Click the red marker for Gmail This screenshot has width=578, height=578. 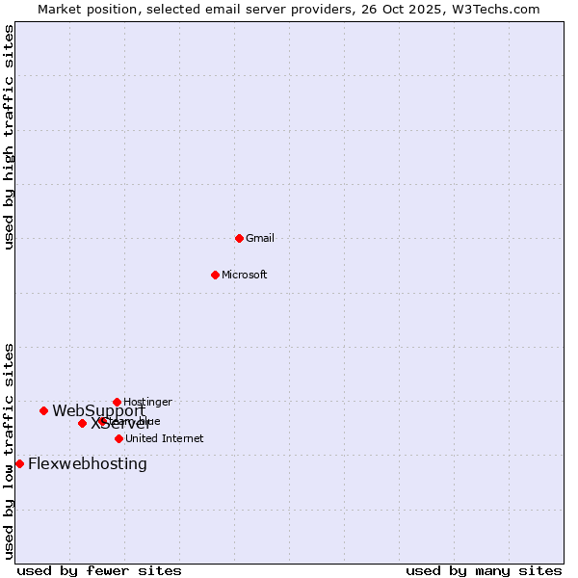tap(239, 238)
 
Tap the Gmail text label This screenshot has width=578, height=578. tap(260, 238)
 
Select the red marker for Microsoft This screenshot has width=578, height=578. tap(215, 275)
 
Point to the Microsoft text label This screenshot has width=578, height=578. tap(245, 275)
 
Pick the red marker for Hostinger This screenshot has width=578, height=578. tap(117, 402)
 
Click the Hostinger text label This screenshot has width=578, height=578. tap(148, 402)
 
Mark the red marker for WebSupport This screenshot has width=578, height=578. tap(43, 410)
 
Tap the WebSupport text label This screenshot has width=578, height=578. tap(98, 410)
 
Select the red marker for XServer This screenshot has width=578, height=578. tap(82, 423)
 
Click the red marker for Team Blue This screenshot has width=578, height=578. tap(102, 421)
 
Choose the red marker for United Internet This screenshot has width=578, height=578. tap(118, 438)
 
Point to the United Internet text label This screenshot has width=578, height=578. tap(165, 438)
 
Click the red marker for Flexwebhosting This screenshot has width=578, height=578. tap(19, 463)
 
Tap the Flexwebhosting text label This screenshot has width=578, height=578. tap(88, 463)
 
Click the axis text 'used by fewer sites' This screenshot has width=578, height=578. tap(99, 570)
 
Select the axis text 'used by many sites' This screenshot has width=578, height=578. tap(484, 570)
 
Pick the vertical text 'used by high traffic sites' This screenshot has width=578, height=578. tap(10, 137)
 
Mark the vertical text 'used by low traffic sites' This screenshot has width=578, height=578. tap(10, 450)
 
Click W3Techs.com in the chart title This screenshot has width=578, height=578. tap(498, 9)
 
